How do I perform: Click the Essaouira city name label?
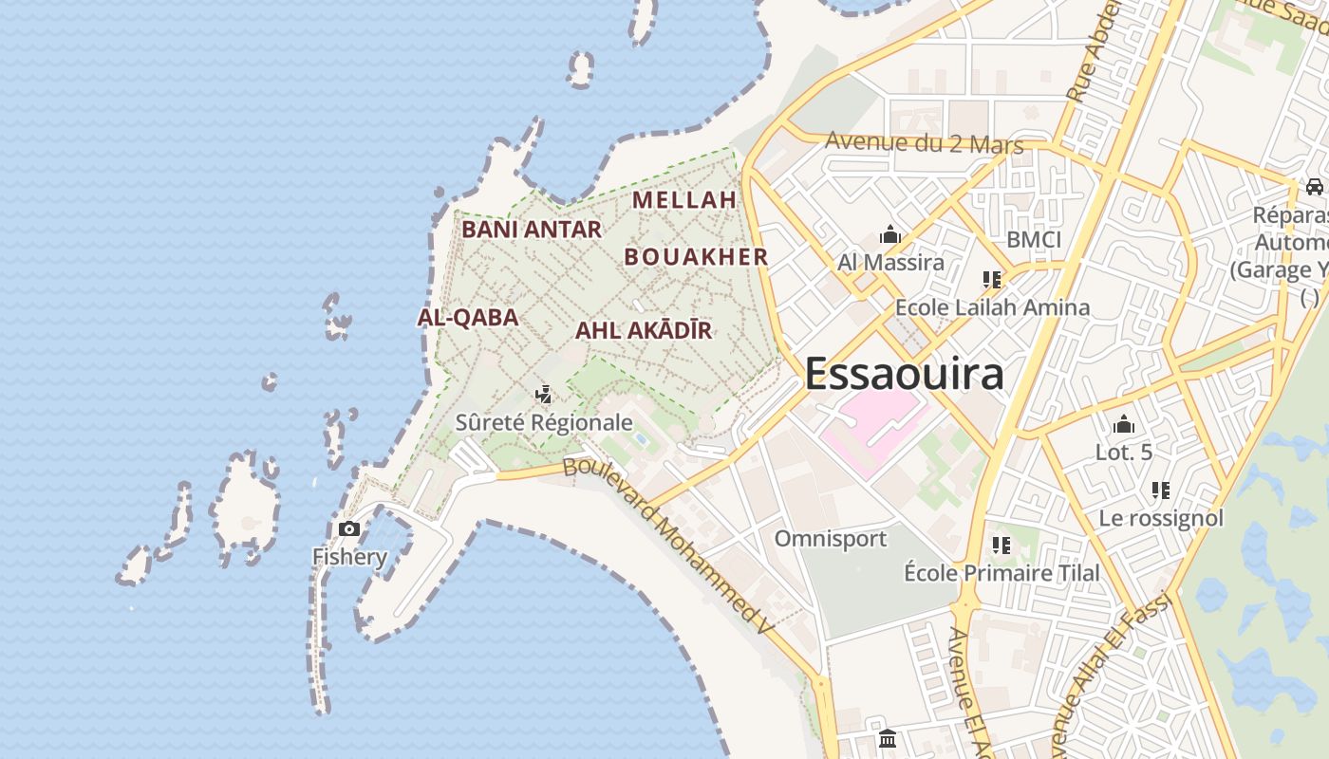[904, 374]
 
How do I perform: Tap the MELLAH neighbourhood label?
[684, 200]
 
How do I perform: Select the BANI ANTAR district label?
[532, 230]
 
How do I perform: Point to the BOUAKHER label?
[696, 257]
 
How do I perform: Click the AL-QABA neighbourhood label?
[468, 318]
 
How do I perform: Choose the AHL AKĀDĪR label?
[644, 331]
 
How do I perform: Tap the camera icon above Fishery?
[349, 528]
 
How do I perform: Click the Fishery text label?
[349, 557]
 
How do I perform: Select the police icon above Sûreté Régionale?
[544, 394]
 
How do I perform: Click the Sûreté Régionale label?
[544, 422]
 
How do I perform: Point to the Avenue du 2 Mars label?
[924, 143]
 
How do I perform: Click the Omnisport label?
[831, 539]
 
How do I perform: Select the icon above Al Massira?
[889, 234]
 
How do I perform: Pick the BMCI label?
[1034, 239]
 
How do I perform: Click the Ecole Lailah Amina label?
[992, 307]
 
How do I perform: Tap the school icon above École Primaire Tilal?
[1001, 546]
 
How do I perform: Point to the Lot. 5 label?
[1124, 453]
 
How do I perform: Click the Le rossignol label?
[1161, 518]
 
